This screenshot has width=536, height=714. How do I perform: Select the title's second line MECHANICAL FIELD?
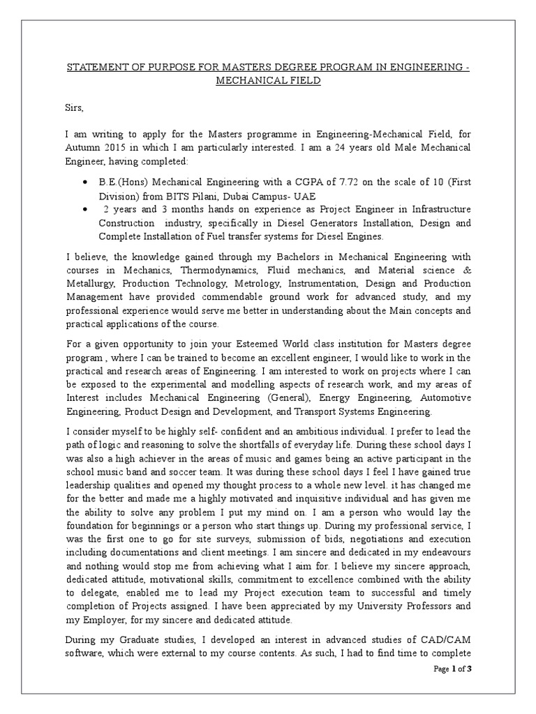tap(268, 81)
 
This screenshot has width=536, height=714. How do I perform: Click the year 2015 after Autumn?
tap(112, 147)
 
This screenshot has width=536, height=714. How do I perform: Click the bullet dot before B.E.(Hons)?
tap(84, 181)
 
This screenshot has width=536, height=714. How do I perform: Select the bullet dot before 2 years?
tap(84, 208)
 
